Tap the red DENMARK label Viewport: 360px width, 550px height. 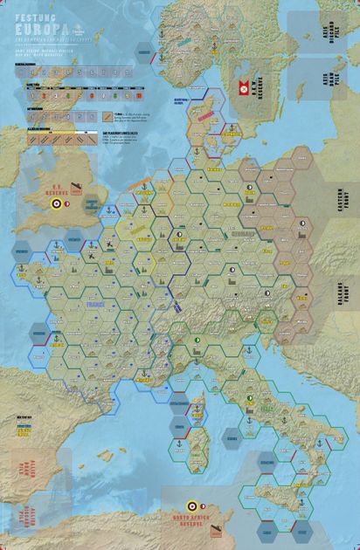(x=206, y=115)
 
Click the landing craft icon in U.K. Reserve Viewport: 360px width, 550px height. (x=49, y=188)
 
